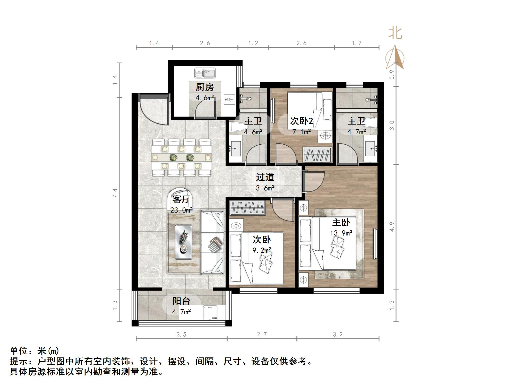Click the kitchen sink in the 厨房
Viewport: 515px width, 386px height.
tap(205, 73)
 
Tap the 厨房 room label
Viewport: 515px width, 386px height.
tap(205, 87)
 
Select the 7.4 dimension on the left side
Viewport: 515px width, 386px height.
tap(115, 193)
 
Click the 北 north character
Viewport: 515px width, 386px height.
tap(395, 33)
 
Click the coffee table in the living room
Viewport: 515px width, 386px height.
tap(183, 242)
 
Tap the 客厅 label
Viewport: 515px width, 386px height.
tap(181, 199)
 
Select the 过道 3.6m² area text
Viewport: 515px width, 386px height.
tap(265, 188)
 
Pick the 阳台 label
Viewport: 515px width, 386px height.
tap(181, 301)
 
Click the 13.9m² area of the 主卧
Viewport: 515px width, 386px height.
tap(341, 233)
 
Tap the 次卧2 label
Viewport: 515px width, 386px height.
tap(301, 121)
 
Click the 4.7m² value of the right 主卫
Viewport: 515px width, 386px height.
tap(357, 132)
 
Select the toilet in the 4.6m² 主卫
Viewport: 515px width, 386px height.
tap(236, 127)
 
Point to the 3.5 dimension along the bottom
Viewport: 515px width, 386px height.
tap(182, 335)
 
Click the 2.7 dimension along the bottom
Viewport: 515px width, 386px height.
tap(262, 335)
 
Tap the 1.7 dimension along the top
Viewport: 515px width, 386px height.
tap(357, 43)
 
